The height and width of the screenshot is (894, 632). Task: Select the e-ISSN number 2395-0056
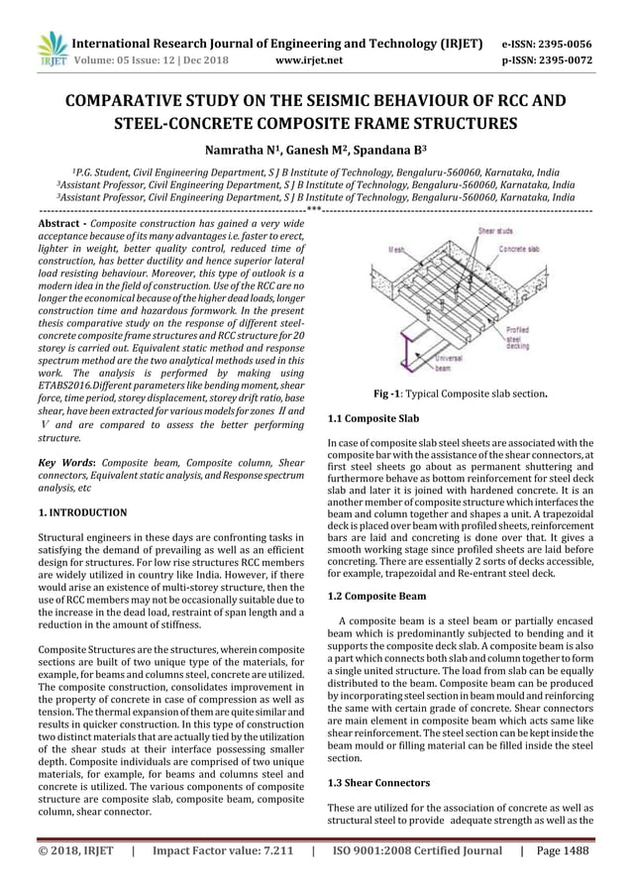click(x=575, y=44)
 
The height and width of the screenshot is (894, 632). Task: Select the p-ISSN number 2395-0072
click(x=575, y=59)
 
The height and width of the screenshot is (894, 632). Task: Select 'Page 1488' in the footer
click(x=560, y=849)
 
